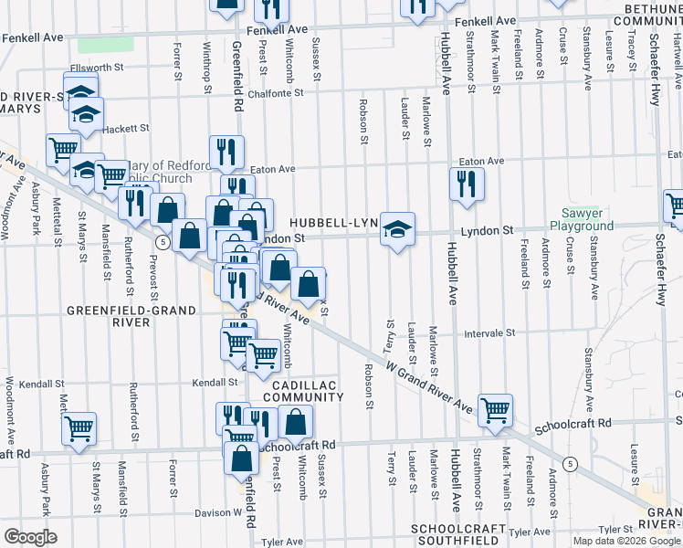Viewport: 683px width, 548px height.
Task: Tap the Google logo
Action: point(30,536)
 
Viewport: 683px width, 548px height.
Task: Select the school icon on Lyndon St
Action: point(397,229)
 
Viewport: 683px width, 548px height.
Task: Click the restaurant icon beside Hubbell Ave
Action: point(467,184)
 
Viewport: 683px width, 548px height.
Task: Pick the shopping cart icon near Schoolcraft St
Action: point(495,410)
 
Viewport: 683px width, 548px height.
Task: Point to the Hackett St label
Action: point(126,130)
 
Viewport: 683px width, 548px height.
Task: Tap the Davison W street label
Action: point(215,513)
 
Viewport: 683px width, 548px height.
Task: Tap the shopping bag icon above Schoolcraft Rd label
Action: point(296,422)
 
